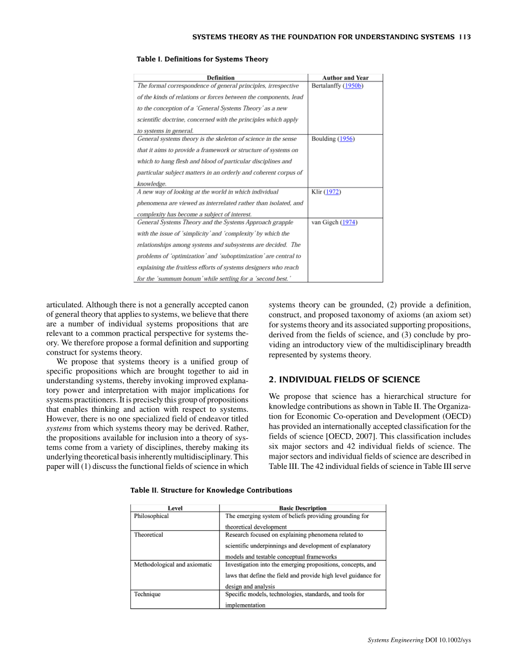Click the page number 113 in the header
click(465, 37)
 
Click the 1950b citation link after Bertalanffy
click(353, 86)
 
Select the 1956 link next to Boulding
click(346, 139)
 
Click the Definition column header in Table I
click(220, 78)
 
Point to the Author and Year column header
click(345, 78)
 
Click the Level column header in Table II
click(175, 508)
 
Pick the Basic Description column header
click(302, 508)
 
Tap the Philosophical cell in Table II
click(151, 516)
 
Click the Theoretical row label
click(148, 535)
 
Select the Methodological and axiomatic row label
click(172, 565)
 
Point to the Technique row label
click(147, 594)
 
